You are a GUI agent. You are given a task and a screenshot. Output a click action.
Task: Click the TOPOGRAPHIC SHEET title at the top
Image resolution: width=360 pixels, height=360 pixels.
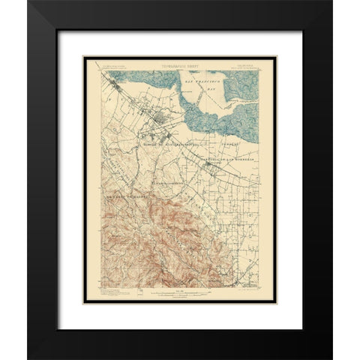(x=180, y=55)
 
